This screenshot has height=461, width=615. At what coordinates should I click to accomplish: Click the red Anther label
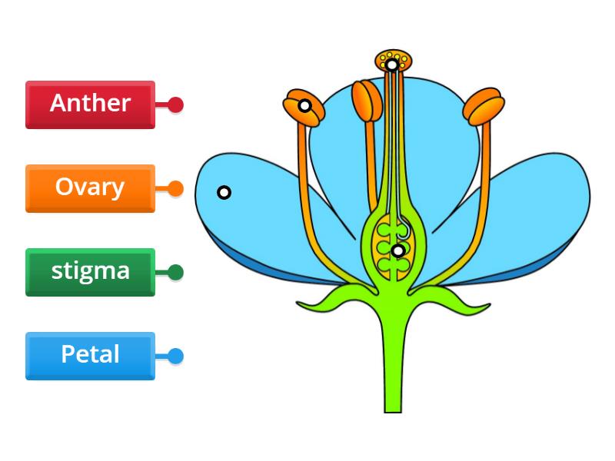[x=90, y=104]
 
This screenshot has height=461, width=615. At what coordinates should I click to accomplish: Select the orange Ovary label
[x=90, y=187]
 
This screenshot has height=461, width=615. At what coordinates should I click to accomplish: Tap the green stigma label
[x=90, y=271]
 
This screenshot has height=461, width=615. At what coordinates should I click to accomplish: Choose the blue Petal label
[x=90, y=355]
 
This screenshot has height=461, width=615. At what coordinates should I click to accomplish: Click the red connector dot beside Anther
[x=175, y=104]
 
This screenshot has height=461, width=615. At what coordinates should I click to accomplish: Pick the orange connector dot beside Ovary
[x=175, y=188]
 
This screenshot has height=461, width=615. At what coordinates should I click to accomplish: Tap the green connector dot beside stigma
[x=175, y=272]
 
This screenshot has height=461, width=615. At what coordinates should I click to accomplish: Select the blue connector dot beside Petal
[x=175, y=356]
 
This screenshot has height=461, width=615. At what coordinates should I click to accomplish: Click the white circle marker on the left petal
[x=224, y=192]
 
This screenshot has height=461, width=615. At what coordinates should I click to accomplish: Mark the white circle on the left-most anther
[x=305, y=105]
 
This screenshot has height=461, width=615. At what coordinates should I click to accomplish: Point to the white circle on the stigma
[x=392, y=65]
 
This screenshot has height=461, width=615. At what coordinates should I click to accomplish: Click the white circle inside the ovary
[x=397, y=250]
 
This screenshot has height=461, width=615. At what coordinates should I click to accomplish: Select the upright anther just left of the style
[x=367, y=101]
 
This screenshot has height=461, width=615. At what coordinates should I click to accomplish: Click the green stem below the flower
[x=394, y=361]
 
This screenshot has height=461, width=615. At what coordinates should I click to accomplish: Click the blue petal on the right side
[x=538, y=207]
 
